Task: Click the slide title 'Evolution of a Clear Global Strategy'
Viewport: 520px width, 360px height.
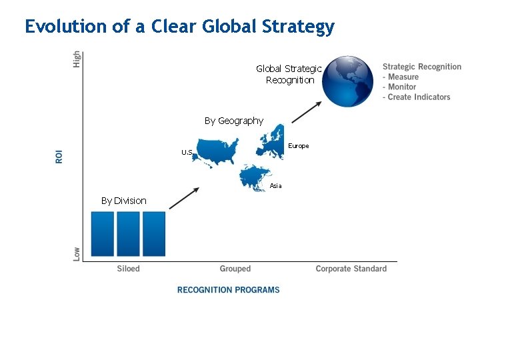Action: tap(179, 27)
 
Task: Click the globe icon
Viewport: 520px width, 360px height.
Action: tap(349, 81)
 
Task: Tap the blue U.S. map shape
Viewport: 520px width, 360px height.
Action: tap(218, 153)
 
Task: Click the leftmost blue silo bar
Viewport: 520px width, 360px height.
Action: tap(102, 233)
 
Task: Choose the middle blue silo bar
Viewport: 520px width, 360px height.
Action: tap(128, 233)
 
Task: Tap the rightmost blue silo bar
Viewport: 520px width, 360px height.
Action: tap(154, 233)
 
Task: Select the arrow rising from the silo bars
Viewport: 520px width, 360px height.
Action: tap(184, 199)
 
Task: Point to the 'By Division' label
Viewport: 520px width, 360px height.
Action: tap(123, 201)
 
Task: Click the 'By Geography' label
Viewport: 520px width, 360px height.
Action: tap(234, 121)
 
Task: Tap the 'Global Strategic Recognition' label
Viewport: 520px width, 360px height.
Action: tap(289, 74)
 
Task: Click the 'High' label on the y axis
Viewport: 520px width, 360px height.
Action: tap(77, 59)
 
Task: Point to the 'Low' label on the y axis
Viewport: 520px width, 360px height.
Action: tap(77, 253)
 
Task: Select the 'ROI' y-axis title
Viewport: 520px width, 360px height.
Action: tap(59, 156)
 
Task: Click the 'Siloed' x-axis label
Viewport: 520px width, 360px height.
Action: tap(129, 269)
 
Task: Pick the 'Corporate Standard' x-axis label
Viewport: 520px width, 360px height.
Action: tap(351, 269)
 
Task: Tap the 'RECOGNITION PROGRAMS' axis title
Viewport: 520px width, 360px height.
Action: tap(228, 290)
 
